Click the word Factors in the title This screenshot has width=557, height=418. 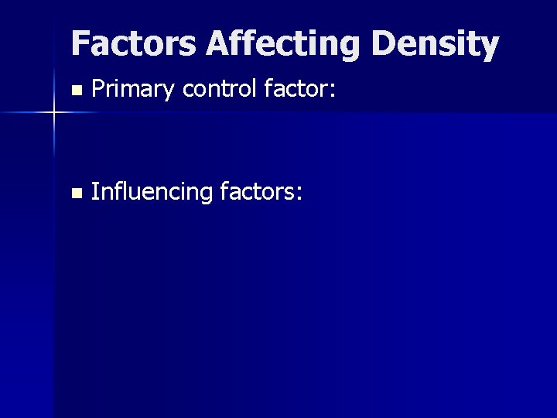click(134, 44)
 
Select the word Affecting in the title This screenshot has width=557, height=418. click(283, 44)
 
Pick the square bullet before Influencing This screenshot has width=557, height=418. click(74, 193)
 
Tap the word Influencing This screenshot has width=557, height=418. click(152, 192)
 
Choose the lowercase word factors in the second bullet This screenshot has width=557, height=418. click(256, 191)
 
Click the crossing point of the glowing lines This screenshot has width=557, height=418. click(54, 113)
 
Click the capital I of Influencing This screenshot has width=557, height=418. click(94, 191)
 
